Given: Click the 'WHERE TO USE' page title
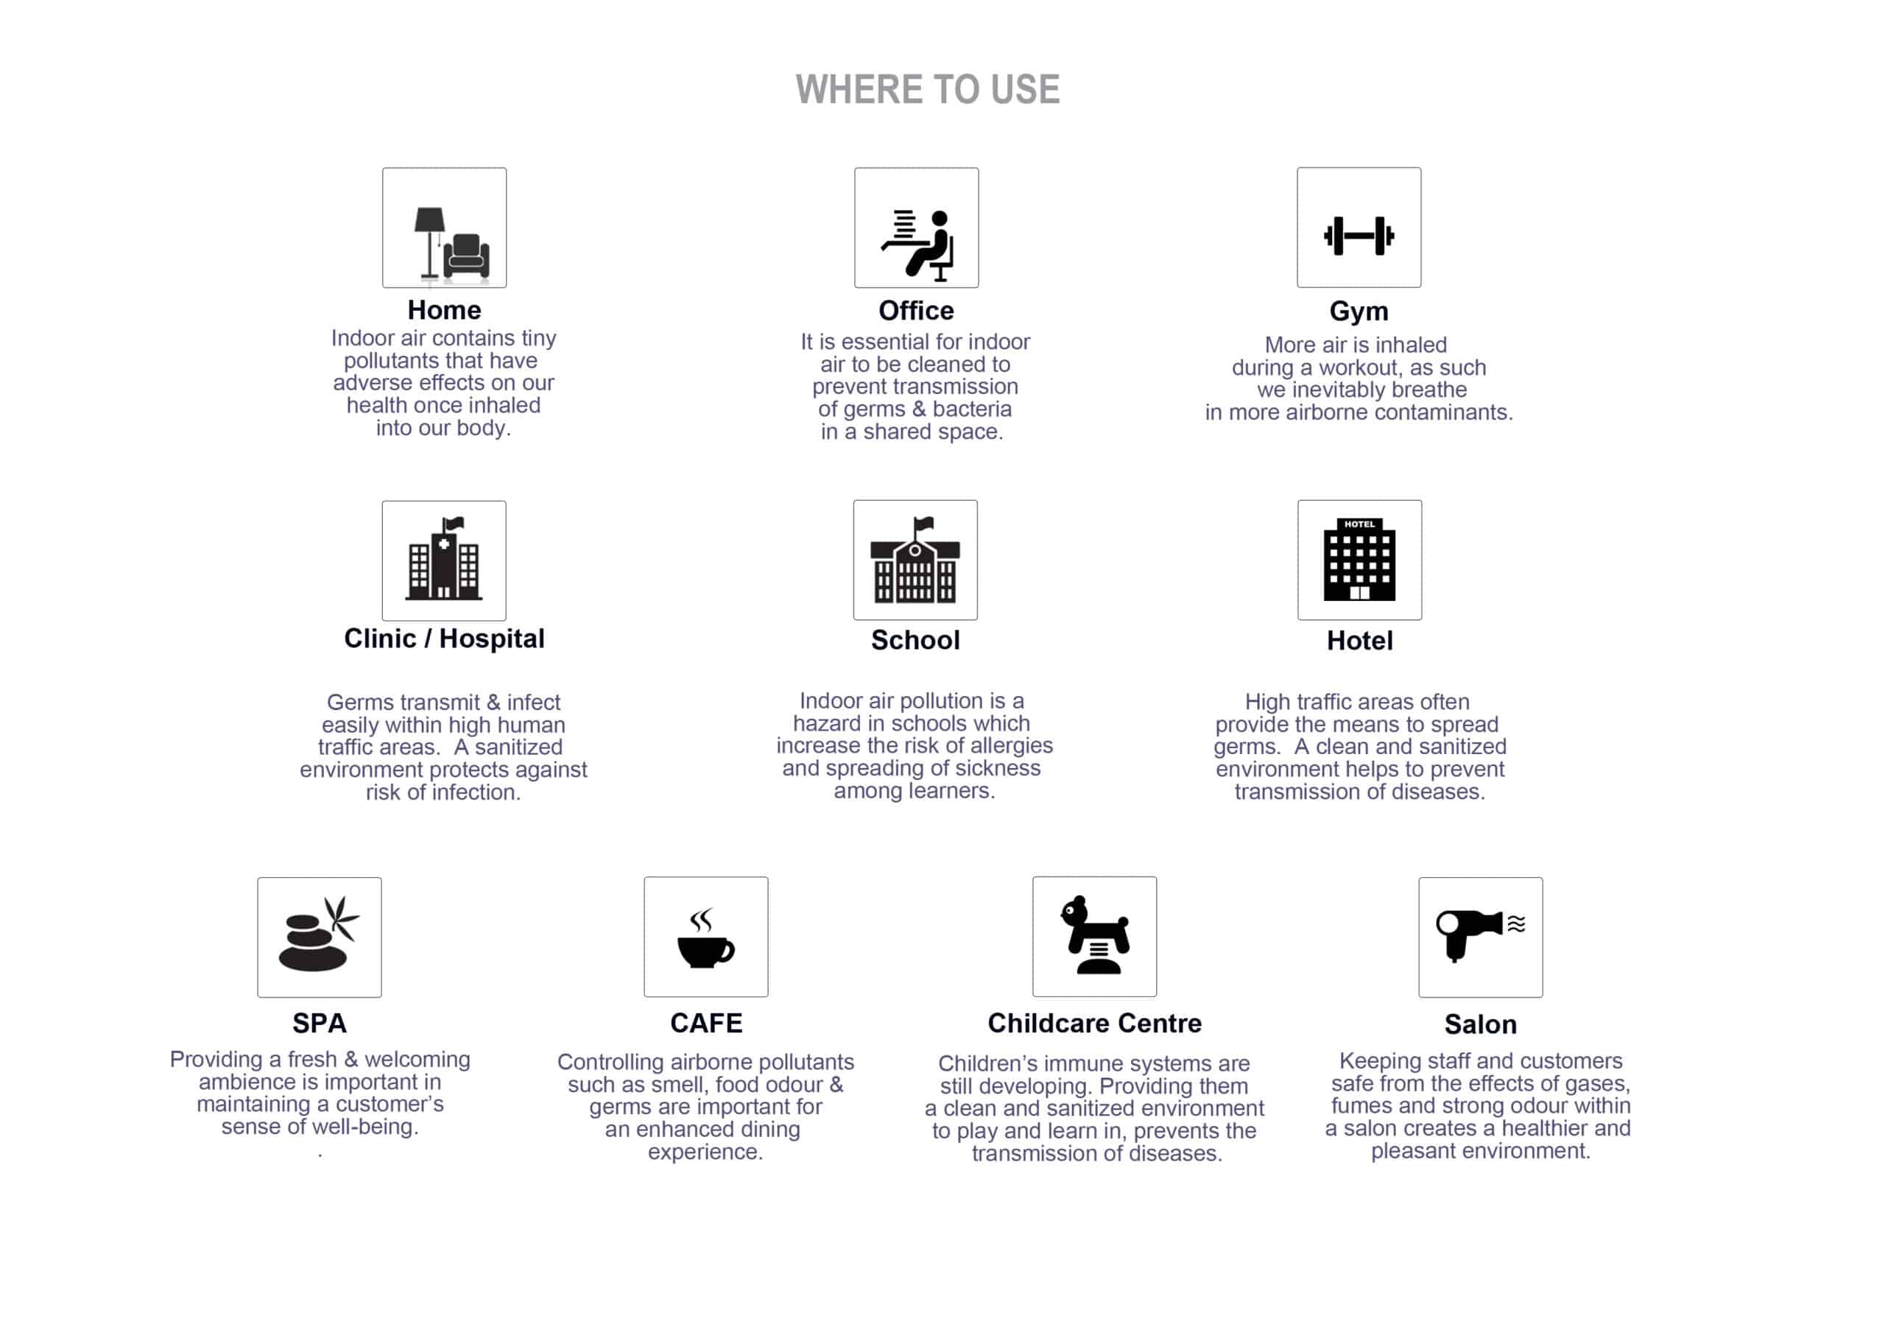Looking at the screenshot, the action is point(928,90).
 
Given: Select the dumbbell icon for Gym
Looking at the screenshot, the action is point(1359,236).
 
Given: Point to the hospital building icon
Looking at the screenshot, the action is point(444,558).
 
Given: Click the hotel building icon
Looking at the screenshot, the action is point(1359,559).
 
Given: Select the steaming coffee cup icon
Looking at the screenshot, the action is point(705,938).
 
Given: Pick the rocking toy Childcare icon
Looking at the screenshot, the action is point(1095,935).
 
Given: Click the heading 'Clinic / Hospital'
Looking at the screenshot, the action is point(444,639).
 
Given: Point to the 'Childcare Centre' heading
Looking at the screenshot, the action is point(1094,1024).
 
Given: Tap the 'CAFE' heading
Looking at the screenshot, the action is point(706,1024).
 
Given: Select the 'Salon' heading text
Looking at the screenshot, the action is point(1480,1025).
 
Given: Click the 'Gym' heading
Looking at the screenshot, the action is point(1359,312).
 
